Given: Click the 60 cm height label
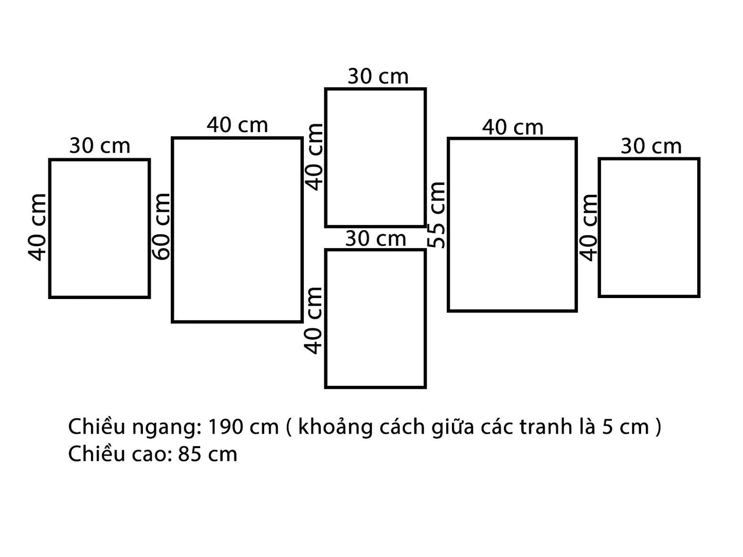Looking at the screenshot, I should click(161, 227).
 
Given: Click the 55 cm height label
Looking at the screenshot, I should click(437, 215).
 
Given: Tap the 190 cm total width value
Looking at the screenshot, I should click(243, 428).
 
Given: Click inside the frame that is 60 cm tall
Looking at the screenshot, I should click(237, 230).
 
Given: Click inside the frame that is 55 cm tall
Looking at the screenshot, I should click(512, 225).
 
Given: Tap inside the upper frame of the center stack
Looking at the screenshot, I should click(375, 158).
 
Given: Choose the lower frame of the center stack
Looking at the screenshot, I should click(375, 318).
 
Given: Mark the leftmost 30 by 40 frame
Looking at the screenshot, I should click(99, 229).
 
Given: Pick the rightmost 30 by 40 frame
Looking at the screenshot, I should click(649, 228).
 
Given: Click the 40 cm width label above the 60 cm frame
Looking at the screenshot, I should click(238, 125).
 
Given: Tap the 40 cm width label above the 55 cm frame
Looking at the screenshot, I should click(513, 127).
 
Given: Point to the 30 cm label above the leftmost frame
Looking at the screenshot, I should click(100, 146).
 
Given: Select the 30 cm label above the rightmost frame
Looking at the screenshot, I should click(651, 147).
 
